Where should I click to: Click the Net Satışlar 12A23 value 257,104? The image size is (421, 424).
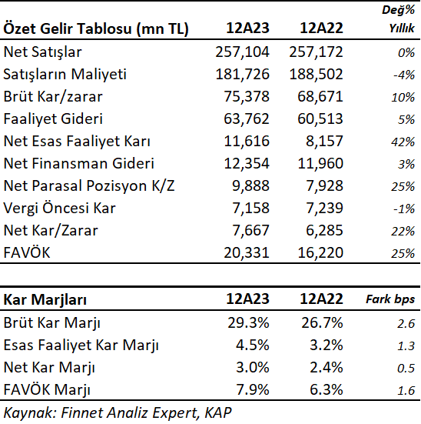(242, 52)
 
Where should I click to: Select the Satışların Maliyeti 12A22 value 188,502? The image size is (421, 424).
(316, 74)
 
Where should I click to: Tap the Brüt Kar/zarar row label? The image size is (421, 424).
(53, 96)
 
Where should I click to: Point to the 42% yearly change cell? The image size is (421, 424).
(403, 142)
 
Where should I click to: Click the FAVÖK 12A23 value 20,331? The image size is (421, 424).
(247, 253)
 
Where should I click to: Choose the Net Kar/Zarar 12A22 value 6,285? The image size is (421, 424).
(324, 230)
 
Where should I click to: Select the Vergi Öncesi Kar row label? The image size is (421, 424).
(59, 209)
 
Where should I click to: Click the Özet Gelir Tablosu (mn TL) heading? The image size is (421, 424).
(96, 28)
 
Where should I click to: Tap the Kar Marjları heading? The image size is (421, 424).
(45, 300)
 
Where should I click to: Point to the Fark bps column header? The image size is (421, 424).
(390, 299)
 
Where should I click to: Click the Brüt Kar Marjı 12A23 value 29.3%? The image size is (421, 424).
(248, 322)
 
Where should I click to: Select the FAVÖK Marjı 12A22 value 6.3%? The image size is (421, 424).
(327, 389)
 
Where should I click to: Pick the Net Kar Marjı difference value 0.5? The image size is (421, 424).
(406, 368)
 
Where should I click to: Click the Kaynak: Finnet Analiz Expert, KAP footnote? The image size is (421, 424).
(118, 413)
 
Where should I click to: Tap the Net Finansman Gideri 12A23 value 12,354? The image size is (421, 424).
(247, 164)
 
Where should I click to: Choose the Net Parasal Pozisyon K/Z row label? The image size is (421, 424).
(89, 185)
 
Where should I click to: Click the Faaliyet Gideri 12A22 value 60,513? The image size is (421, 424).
(320, 119)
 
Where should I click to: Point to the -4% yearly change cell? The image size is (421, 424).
(404, 75)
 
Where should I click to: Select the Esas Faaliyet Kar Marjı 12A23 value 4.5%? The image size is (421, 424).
(253, 345)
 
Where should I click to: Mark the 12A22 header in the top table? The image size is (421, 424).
(321, 28)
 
